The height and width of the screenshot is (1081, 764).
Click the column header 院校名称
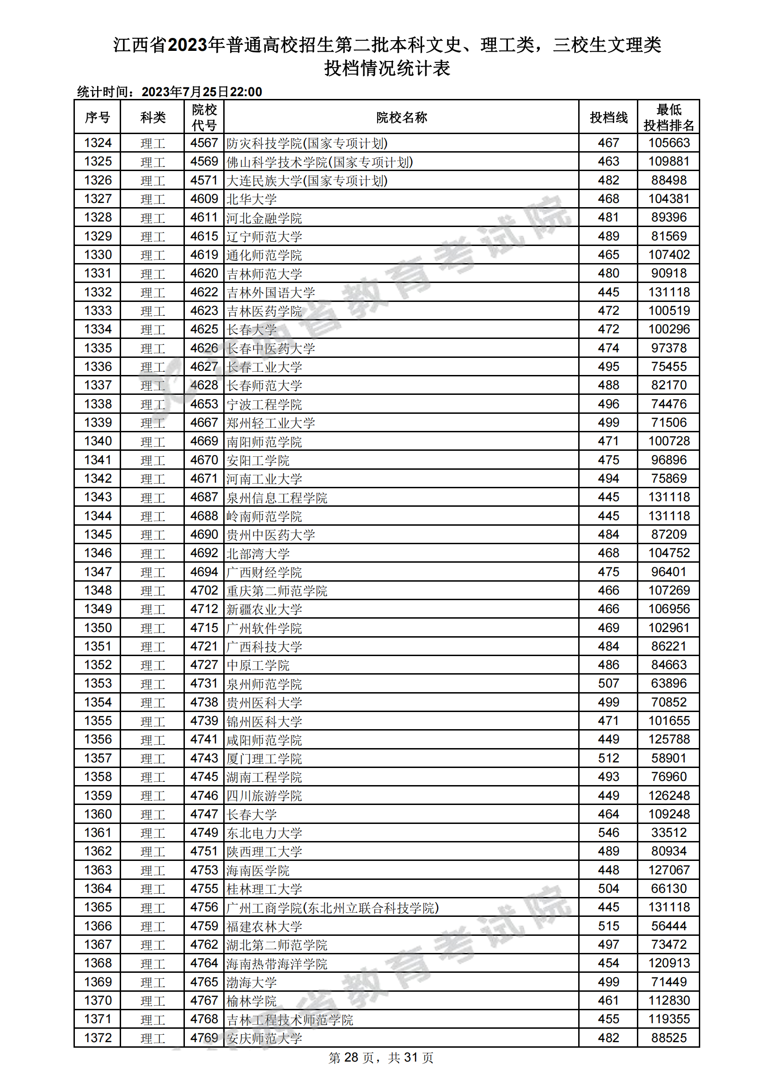[x=401, y=117]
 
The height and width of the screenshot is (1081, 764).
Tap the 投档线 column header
[x=608, y=117]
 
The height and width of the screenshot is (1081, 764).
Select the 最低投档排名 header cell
[x=668, y=117]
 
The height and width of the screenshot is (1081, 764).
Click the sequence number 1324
[x=98, y=143]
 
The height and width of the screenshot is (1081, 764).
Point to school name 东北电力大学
[x=264, y=833]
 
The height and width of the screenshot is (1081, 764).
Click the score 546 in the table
[x=608, y=832]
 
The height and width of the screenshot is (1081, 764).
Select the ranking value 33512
[x=668, y=832]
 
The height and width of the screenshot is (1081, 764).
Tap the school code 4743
[x=204, y=758]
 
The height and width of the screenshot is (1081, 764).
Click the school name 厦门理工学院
[x=264, y=758]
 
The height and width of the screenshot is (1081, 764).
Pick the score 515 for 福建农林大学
[x=608, y=926]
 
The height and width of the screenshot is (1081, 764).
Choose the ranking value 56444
[x=668, y=926]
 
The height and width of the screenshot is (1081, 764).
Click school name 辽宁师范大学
[x=264, y=236]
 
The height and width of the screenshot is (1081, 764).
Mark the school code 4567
[x=204, y=143]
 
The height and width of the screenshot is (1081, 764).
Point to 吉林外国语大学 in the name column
[x=271, y=292]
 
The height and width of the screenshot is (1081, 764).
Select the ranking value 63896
[x=668, y=683]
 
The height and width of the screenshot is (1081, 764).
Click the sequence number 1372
[x=98, y=1038]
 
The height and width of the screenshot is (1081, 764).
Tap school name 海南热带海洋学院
[x=277, y=963]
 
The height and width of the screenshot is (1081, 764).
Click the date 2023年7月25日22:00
[x=202, y=92]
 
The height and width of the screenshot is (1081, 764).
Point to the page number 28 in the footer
[x=351, y=1057]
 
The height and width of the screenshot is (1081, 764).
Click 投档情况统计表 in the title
[x=387, y=68]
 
